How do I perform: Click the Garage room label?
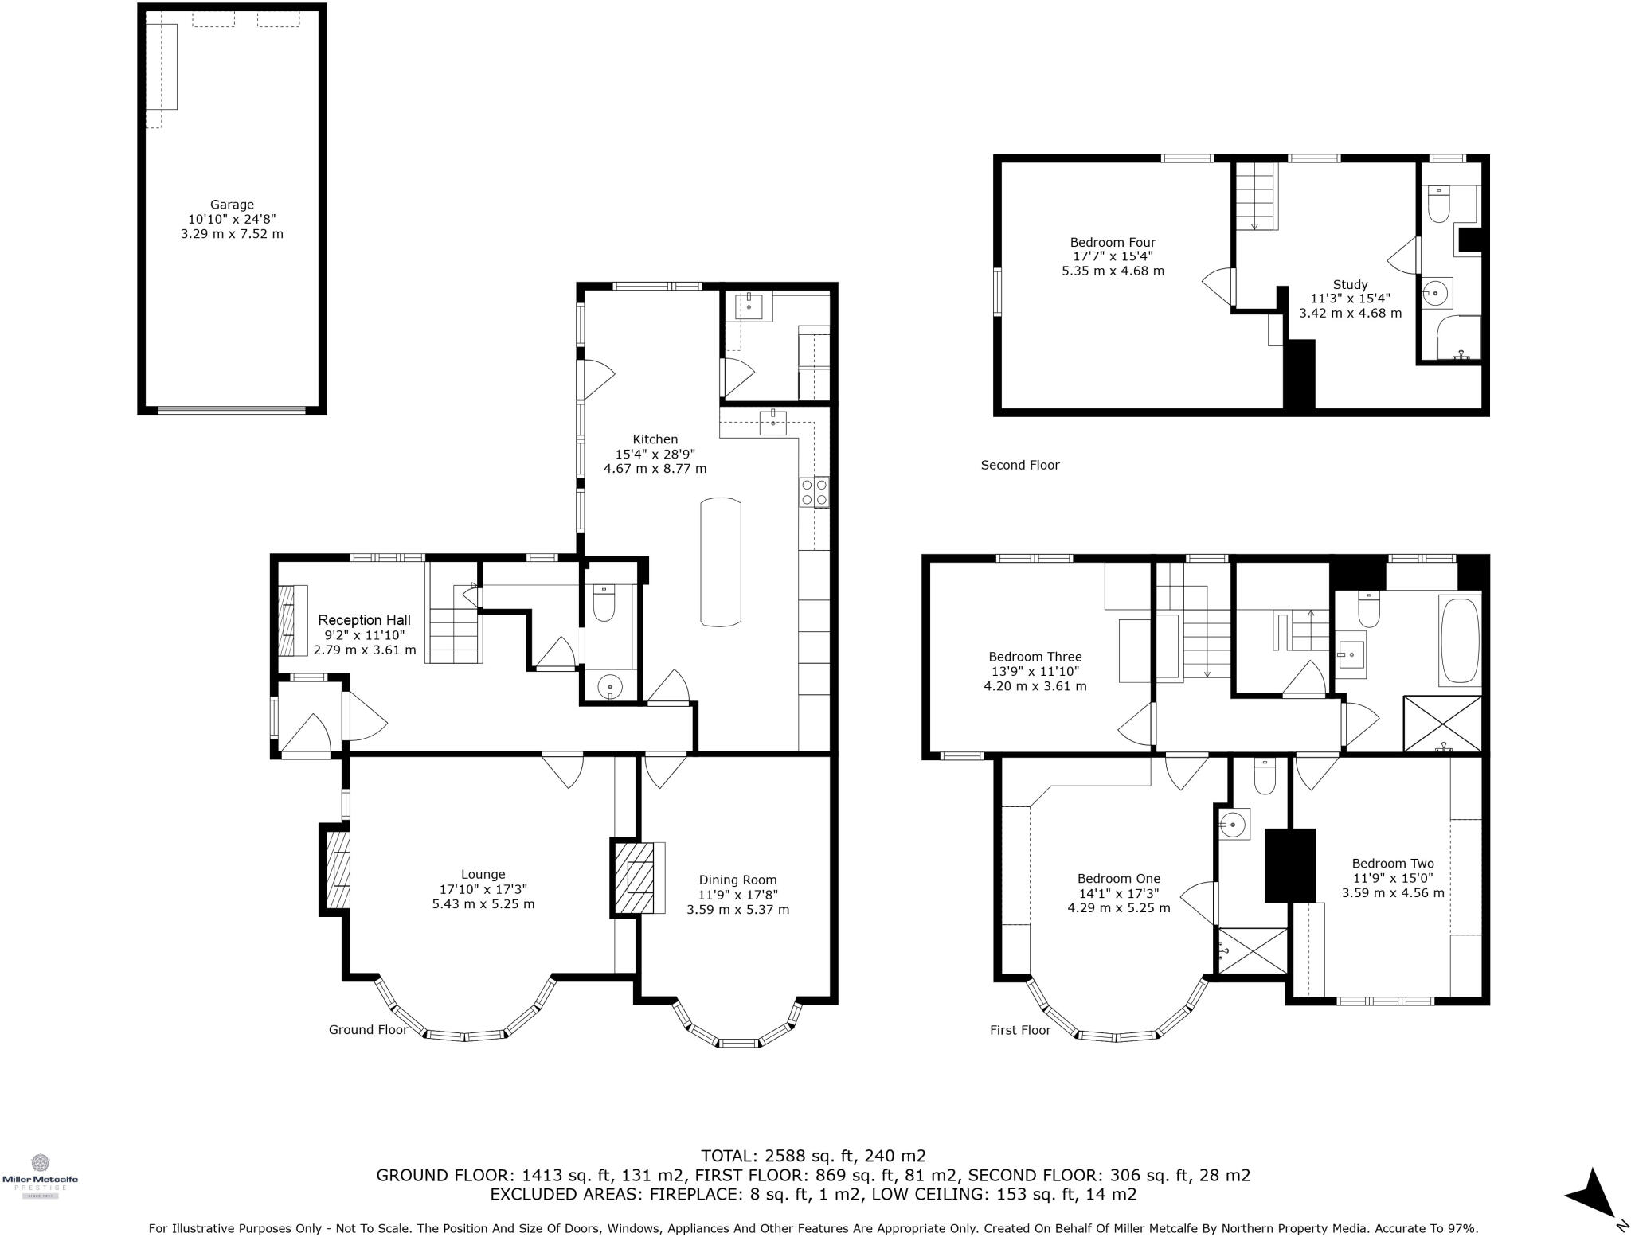(x=232, y=205)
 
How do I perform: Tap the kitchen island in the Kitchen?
(x=721, y=562)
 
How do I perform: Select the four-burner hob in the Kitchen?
(x=814, y=492)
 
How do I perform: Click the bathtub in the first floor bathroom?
(x=1459, y=642)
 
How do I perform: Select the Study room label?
(x=1350, y=284)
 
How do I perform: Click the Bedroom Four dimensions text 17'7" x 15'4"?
(x=1113, y=256)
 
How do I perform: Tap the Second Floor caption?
(x=1019, y=465)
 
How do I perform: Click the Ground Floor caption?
(x=368, y=1029)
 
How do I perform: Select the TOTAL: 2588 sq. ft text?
(x=812, y=1155)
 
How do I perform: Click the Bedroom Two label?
(x=1392, y=863)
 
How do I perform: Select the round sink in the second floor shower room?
(x=1435, y=293)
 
